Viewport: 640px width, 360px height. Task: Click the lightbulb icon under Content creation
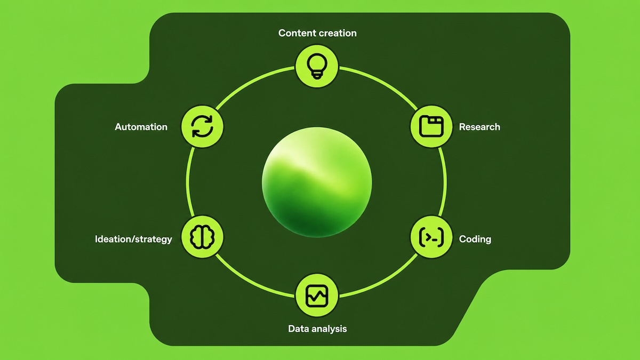click(x=317, y=66)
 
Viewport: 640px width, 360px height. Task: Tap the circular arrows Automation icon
click(x=202, y=126)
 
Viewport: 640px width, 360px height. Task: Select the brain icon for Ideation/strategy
click(x=202, y=237)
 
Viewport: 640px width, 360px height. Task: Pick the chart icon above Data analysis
click(x=317, y=295)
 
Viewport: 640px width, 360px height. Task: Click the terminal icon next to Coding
click(x=431, y=237)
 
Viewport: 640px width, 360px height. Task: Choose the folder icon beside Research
click(x=431, y=126)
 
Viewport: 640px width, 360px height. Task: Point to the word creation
click(x=337, y=33)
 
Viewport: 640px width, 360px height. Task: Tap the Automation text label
click(x=141, y=127)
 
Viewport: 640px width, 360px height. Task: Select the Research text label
click(x=479, y=127)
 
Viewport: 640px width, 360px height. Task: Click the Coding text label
click(x=475, y=239)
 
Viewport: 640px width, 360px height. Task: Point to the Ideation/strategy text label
click(x=133, y=239)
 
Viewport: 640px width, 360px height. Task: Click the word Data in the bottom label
click(x=298, y=329)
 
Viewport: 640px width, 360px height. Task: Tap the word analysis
click(x=329, y=329)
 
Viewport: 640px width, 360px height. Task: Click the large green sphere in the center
click(x=317, y=182)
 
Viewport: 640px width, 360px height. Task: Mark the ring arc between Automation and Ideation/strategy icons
click(x=187, y=182)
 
